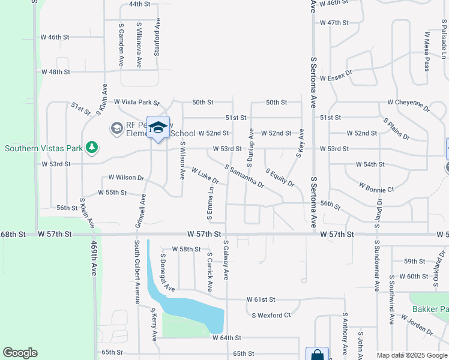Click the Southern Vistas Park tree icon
(91, 146)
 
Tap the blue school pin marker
(158, 128)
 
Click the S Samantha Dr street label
(244, 176)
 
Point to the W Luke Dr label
(205, 176)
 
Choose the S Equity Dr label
(280, 177)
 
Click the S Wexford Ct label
(271, 315)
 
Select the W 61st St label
(261, 299)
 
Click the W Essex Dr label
(336, 78)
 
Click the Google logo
(20, 353)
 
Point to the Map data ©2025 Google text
(411, 355)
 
